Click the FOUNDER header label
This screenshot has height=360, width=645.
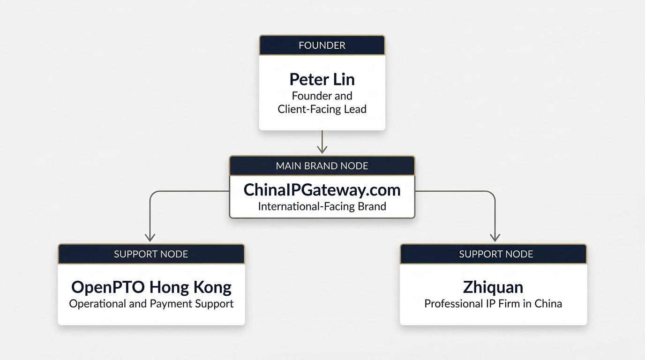322,45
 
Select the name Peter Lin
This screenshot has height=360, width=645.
322,79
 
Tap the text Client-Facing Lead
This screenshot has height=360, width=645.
322,109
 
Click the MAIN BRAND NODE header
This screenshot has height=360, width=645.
322,166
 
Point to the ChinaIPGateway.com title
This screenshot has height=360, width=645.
322,190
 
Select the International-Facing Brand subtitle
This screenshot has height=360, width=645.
322,206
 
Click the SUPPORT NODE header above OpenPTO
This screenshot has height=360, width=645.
151,254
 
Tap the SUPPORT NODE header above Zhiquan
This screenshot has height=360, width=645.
496,254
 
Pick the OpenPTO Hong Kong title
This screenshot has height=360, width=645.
151,287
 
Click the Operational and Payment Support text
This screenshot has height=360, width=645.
151,304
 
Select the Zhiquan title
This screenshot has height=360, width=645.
493,287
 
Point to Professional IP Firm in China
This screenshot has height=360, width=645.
493,304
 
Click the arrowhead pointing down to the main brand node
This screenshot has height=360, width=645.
322,150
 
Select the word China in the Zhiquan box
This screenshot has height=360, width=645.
548,304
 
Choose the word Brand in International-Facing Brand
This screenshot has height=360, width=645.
371,206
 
